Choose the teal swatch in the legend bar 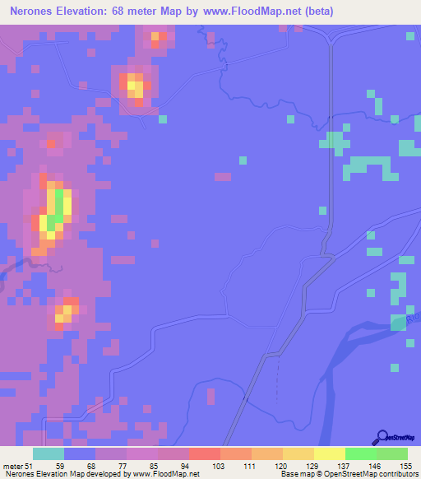(x=49, y=453)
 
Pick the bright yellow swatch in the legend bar (x=330, y=453)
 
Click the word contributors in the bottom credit (x=398, y=473)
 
